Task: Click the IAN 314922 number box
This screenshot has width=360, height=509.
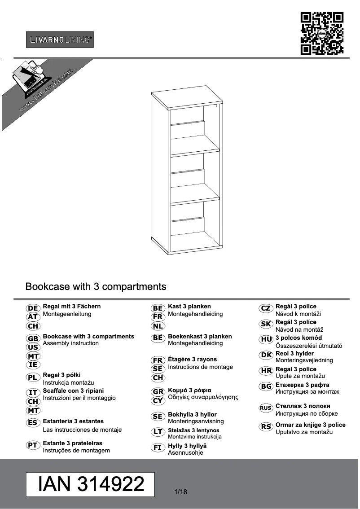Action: pyautogui.click(x=91, y=484)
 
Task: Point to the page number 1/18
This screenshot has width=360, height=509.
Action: pyautogui.click(x=180, y=492)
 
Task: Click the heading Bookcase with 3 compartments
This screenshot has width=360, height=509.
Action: pyautogui.click(x=96, y=286)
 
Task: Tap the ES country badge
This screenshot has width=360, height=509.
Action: pyautogui.click(x=33, y=423)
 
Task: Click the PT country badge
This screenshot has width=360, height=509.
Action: pyautogui.click(x=33, y=445)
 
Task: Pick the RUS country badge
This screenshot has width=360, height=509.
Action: pyautogui.click(x=266, y=408)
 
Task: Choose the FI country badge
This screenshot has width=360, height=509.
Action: pyautogui.click(x=158, y=448)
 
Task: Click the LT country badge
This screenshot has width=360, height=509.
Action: pyautogui.click(x=158, y=432)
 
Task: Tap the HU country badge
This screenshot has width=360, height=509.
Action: pyautogui.click(x=266, y=339)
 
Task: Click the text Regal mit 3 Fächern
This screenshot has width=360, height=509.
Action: pyautogui.click(x=72, y=307)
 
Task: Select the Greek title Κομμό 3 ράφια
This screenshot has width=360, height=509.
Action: pyautogui.click(x=189, y=390)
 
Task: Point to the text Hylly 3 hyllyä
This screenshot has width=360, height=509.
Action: pyautogui.click(x=187, y=446)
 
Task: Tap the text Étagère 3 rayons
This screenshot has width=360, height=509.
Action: pyautogui.click(x=192, y=360)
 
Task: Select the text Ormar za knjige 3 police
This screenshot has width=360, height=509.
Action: pyautogui.click(x=311, y=425)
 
